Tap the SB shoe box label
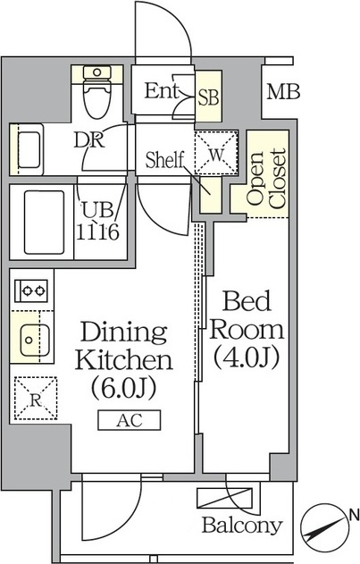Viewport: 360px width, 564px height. [209, 97]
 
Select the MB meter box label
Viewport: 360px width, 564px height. [283, 91]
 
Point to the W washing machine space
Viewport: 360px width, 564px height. [216, 153]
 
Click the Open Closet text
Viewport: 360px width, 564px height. [267, 179]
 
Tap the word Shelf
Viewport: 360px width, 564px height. [164, 160]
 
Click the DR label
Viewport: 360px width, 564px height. [88, 140]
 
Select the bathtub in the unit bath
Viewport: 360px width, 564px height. [45, 223]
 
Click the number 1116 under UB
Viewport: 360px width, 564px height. [97, 232]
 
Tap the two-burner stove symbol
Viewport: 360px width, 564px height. [31, 290]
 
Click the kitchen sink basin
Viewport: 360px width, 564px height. [35, 340]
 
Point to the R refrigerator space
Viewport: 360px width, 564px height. [36, 398]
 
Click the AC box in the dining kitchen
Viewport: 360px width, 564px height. [130, 420]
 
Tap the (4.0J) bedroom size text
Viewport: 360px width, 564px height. [247, 358]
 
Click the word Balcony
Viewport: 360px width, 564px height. [242, 526]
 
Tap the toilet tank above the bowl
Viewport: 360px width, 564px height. [96, 72]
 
